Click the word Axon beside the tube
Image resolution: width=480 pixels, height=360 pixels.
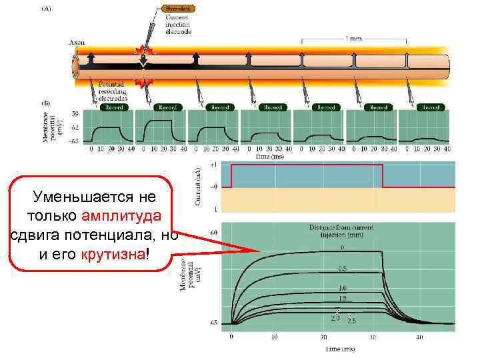tap(77, 42)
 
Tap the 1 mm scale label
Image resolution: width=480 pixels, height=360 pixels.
tap(353, 38)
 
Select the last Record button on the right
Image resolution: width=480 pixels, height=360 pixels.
tap(431, 107)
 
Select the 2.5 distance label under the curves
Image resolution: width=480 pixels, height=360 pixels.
tap(352, 320)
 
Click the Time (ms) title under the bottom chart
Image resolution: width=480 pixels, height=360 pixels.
tap(340, 349)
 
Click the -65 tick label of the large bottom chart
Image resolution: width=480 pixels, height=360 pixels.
tap(214, 323)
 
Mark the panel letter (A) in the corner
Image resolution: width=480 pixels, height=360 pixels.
tap(48, 9)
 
